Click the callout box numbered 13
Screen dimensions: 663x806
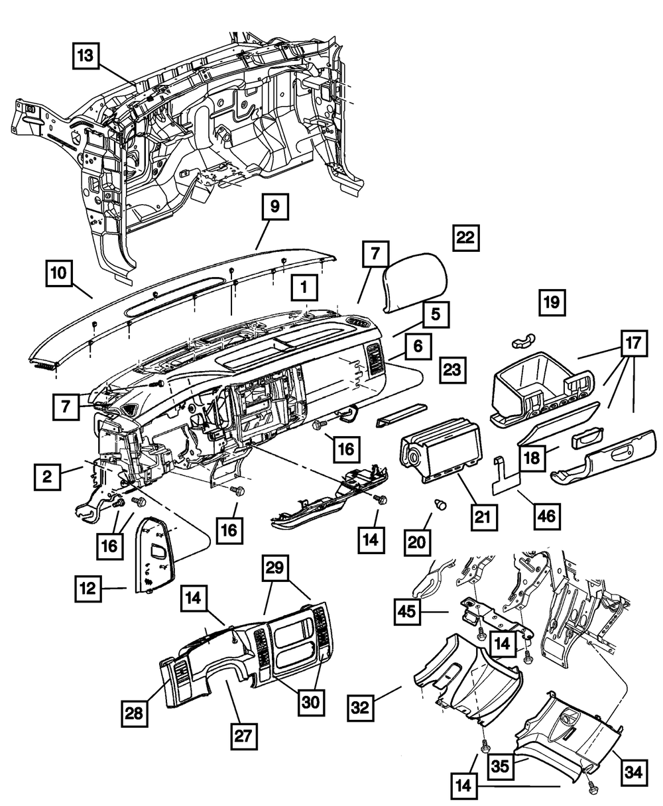click(x=86, y=56)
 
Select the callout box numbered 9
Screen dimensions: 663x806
click(x=275, y=207)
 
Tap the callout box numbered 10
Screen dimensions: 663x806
click(x=58, y=273)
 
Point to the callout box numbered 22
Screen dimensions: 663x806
click(x=465, y=238)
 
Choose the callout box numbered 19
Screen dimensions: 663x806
click(x=552, y=303)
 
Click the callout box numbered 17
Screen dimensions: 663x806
click(x=634, y=343)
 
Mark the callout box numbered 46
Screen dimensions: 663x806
click(x=546, y=517)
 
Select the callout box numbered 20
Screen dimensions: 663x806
click(x=417, y=542)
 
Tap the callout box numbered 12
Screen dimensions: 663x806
click(x=88, y=588)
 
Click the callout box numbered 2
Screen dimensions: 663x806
click(x=47, y=477)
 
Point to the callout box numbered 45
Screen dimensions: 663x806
click(x=407, y=612)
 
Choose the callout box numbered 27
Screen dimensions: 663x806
click(x=244, y=736)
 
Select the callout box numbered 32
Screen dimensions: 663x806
click(x=360, y=708)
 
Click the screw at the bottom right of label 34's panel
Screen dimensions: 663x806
click(x=592, y=788)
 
